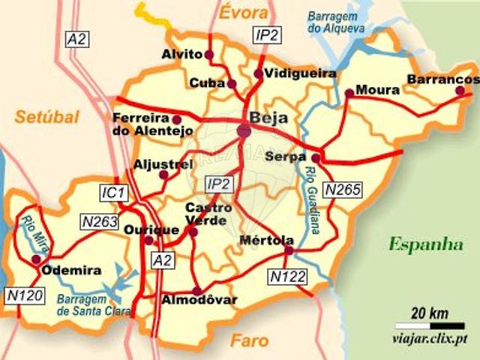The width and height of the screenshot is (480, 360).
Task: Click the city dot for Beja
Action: point(244,131)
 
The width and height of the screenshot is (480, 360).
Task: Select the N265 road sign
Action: point(343,190)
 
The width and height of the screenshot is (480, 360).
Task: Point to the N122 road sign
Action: point(288,277)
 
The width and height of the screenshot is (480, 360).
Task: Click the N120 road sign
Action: point(22,295)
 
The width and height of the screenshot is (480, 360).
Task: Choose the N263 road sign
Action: point(99,222)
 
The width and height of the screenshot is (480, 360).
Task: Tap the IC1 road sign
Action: point(114,193)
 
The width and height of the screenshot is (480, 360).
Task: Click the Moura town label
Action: point(377,90)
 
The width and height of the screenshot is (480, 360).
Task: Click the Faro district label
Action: point(250,340)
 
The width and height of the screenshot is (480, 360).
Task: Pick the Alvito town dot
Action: point(209,55)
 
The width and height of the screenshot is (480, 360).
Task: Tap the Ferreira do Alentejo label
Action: point(142,124)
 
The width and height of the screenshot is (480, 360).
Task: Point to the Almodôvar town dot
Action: point(196,291)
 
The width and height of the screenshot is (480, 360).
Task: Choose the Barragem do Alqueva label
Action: point(335,21)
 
